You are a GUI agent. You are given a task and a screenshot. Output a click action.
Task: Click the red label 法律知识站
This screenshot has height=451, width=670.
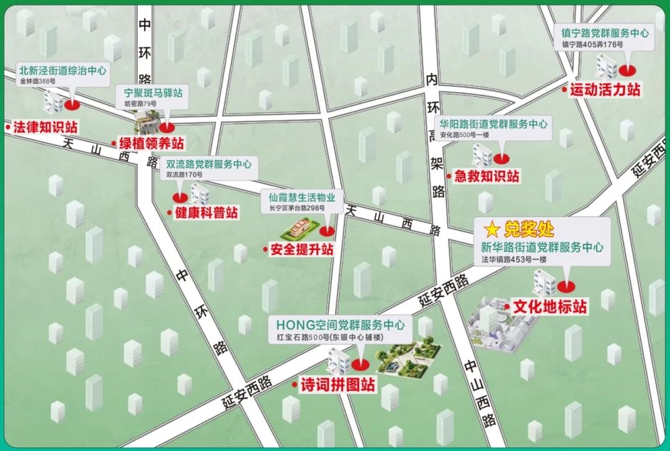45,127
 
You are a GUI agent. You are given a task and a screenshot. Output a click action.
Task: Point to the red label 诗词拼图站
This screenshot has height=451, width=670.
337,385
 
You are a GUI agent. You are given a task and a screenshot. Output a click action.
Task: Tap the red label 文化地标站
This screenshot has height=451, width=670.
550,306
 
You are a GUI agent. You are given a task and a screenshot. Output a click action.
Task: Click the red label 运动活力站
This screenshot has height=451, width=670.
605,89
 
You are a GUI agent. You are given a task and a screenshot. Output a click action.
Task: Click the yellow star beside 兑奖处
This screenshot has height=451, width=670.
491,230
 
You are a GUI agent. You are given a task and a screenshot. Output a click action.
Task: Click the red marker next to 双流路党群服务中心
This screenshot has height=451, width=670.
181,197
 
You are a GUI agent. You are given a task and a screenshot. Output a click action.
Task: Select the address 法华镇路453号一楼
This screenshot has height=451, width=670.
514,260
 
